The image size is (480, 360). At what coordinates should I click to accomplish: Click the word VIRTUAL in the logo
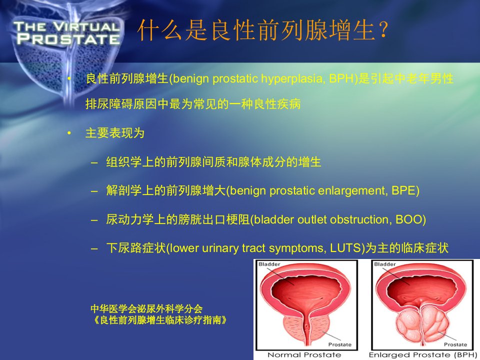coord(86,26)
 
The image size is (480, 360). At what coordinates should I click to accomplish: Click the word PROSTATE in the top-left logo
coord(68,39)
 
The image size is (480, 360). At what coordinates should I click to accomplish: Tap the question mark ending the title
coord(383,30)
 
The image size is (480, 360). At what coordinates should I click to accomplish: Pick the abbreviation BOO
coord(408,219)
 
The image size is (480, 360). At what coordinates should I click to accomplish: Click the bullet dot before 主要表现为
coord(69,133)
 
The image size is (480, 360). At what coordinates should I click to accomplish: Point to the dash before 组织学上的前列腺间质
coord(94,162)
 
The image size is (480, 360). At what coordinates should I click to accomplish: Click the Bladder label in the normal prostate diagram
coord(269,264)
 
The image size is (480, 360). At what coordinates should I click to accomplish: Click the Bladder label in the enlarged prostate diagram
coord(385,264)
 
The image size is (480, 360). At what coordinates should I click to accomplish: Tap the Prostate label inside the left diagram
coord(340,344)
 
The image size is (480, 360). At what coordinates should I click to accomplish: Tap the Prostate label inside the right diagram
coord(455,344)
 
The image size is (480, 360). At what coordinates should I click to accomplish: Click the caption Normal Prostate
coord(304,355)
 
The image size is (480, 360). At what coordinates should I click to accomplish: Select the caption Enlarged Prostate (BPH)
coord(423,355)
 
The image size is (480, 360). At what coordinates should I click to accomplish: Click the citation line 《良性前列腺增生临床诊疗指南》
coord(159,320)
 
